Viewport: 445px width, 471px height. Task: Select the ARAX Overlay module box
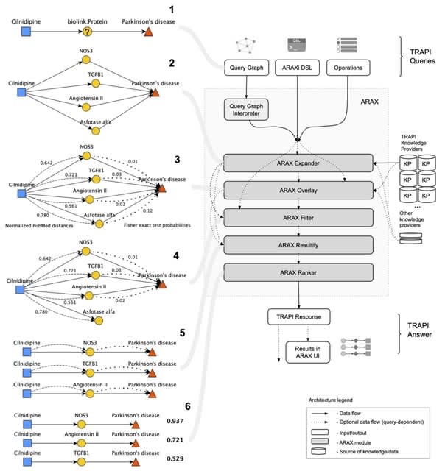click(x=298, y=190)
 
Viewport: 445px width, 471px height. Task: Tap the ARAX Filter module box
click(x=298, y=217)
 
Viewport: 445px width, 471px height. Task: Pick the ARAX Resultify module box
click(x=298, y=244)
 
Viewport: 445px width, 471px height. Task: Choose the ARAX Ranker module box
click(x=298, y=272)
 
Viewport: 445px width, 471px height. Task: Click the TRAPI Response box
click(x=298, y=316)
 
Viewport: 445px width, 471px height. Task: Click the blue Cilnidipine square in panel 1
click(x=26, y=33)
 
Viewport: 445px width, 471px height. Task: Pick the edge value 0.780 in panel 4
click(x=47, y=312)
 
